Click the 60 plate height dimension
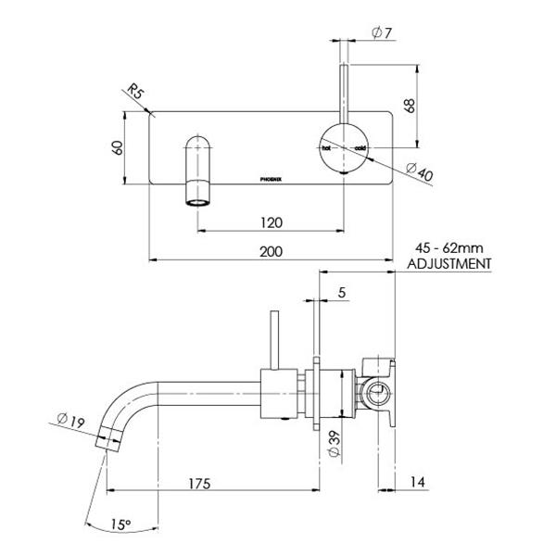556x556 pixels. [115, 148]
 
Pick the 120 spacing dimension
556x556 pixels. [272, 222]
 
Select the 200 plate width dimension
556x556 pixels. [272, 251]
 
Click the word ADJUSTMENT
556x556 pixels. [449, 263]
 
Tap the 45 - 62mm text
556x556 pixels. [449, 248]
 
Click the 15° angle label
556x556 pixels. [120, 524]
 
